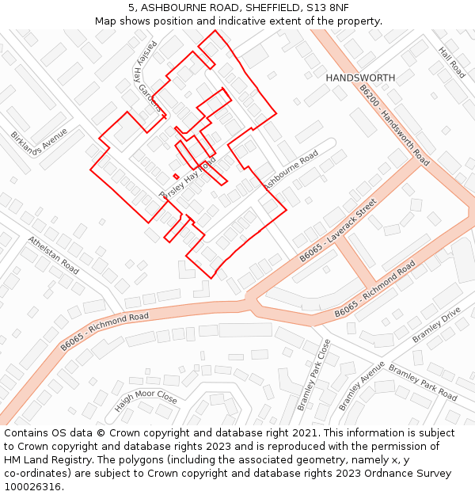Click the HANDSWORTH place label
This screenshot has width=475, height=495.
pyautogui.click(x=360, y=78)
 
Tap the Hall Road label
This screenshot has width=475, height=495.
pyautogui.click(x=451, y=62)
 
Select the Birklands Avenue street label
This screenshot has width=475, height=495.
pyautogui.click(x=40, y=147)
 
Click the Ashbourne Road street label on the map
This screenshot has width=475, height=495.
pyautogui.click(x=291, y=169)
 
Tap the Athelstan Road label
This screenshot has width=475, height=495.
pyautogui.click(x=53, y=254)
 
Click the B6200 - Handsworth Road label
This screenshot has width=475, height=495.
pyautogui.click(x=393, y=125)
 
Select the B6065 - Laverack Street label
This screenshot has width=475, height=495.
pyautogui.click(x=337, y=231)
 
